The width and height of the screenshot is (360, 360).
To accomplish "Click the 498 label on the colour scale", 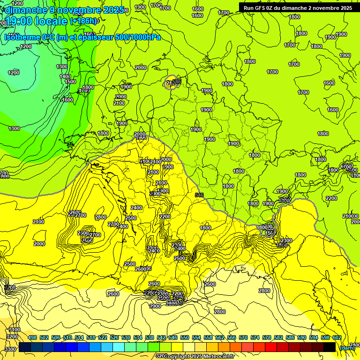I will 32,337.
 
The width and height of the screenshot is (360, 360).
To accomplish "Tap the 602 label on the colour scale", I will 337,337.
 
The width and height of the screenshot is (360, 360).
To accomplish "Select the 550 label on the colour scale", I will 185,337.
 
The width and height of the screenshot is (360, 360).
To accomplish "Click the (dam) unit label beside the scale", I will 346,347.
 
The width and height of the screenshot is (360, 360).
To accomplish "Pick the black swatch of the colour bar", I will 330,347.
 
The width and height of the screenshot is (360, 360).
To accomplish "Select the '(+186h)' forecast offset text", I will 84,21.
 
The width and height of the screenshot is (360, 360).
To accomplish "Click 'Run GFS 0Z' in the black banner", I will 262,8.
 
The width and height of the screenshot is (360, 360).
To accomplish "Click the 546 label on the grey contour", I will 200,195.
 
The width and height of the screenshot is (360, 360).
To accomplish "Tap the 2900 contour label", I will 155,306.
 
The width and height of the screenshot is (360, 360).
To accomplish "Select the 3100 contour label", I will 14,330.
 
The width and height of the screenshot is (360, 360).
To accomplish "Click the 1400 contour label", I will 65,76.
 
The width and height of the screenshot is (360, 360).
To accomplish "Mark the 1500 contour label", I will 70,82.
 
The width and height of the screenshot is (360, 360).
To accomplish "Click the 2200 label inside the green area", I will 331,198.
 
